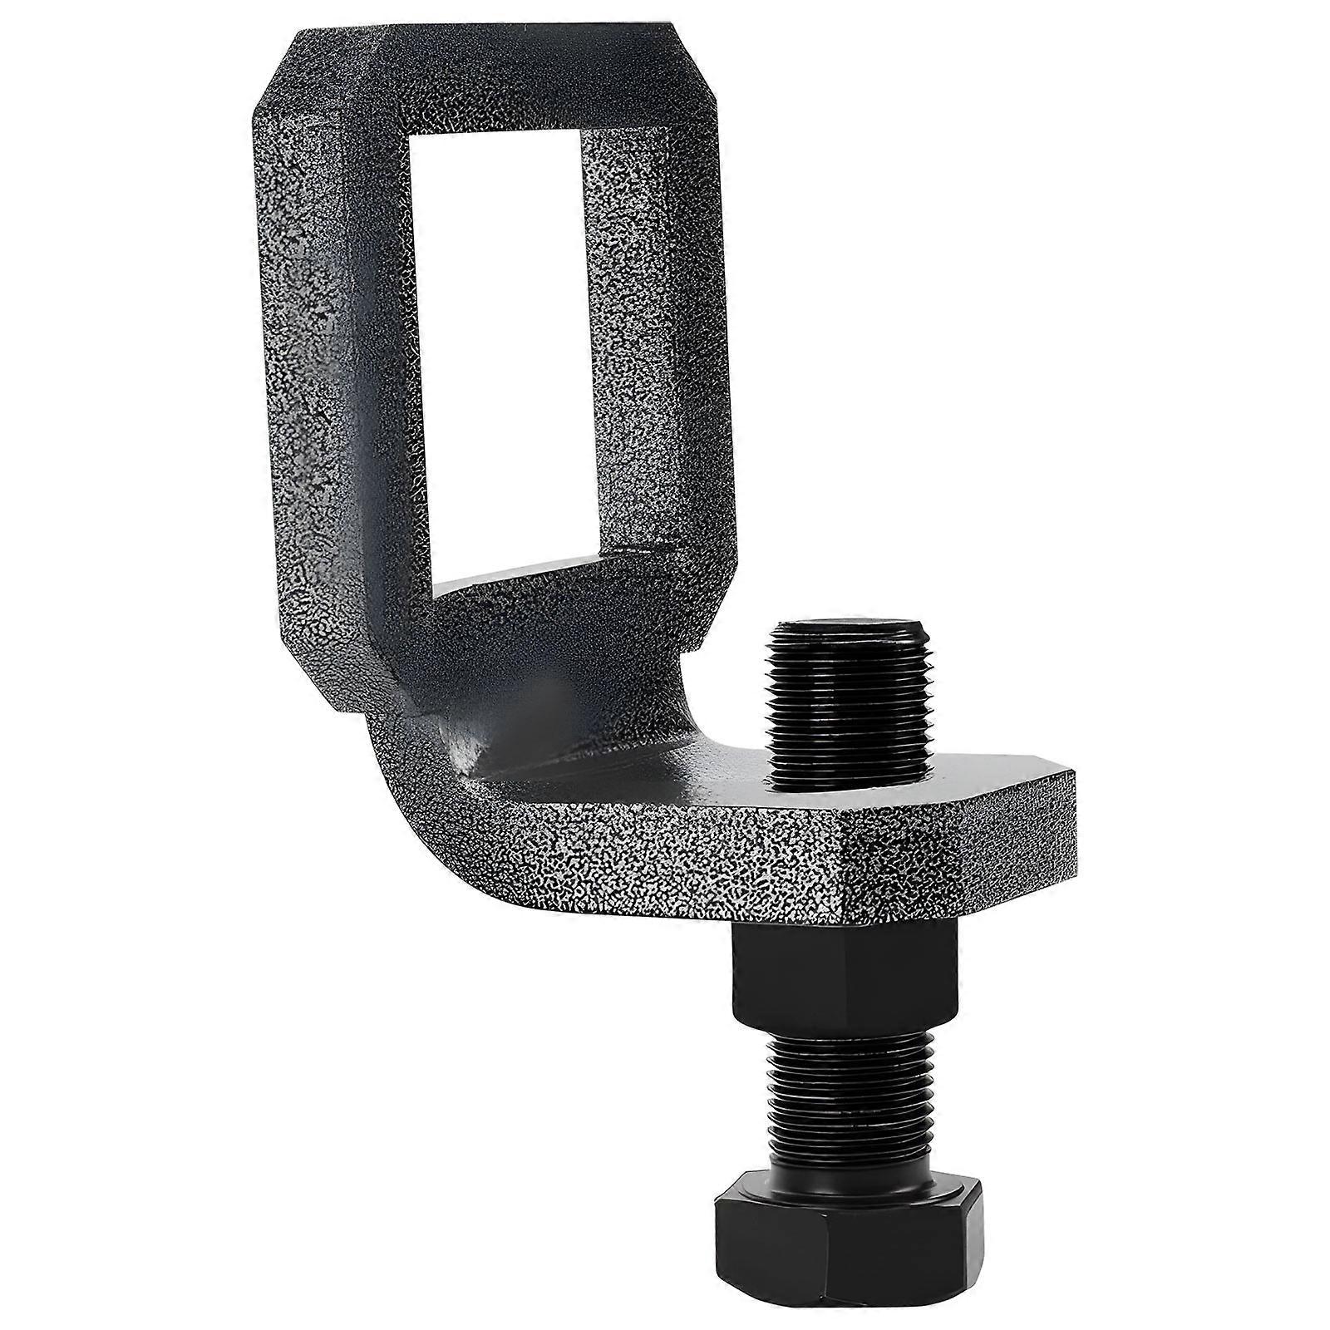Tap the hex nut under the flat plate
click(x=846, y=978)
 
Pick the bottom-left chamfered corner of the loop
click(x=308, y=682)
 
